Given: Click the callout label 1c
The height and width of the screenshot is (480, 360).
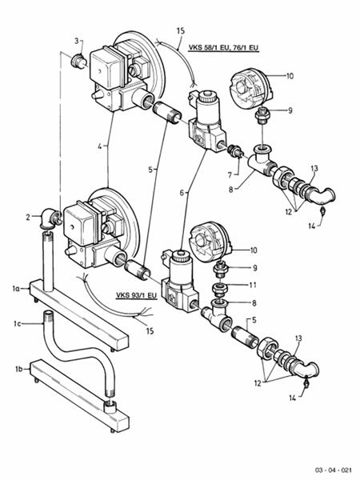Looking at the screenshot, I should click(17, 324).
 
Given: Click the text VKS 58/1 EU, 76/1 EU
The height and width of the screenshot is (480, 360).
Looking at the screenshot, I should click(224, 48).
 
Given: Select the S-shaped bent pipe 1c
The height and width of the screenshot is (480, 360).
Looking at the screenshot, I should click(68, 360).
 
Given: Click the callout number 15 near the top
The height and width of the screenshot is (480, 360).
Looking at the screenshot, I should click(180, 30).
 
